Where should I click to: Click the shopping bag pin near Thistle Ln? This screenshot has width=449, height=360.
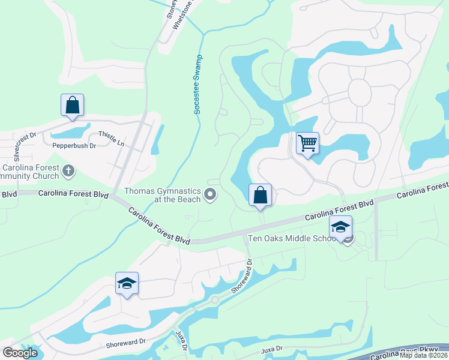[x=72, y=105]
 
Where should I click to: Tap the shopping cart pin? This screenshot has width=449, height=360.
[x=307, y=144]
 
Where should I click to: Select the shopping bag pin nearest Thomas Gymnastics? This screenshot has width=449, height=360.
[x=260, y=195]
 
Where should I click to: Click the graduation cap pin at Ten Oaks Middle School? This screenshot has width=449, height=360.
[x=340, y=227]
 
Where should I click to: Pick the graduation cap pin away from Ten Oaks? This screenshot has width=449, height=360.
[x=127, y=283]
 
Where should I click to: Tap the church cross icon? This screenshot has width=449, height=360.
[x=69, y=172]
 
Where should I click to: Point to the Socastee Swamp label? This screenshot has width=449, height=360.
[x=198, y=85]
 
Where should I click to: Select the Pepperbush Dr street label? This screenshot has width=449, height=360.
[x=74, y=145]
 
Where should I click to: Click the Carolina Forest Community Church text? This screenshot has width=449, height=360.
[x=30, y=172]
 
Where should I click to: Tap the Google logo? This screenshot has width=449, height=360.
[x=20, y=352]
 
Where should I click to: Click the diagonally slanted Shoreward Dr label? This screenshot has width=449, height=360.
[x=242, y=276]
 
